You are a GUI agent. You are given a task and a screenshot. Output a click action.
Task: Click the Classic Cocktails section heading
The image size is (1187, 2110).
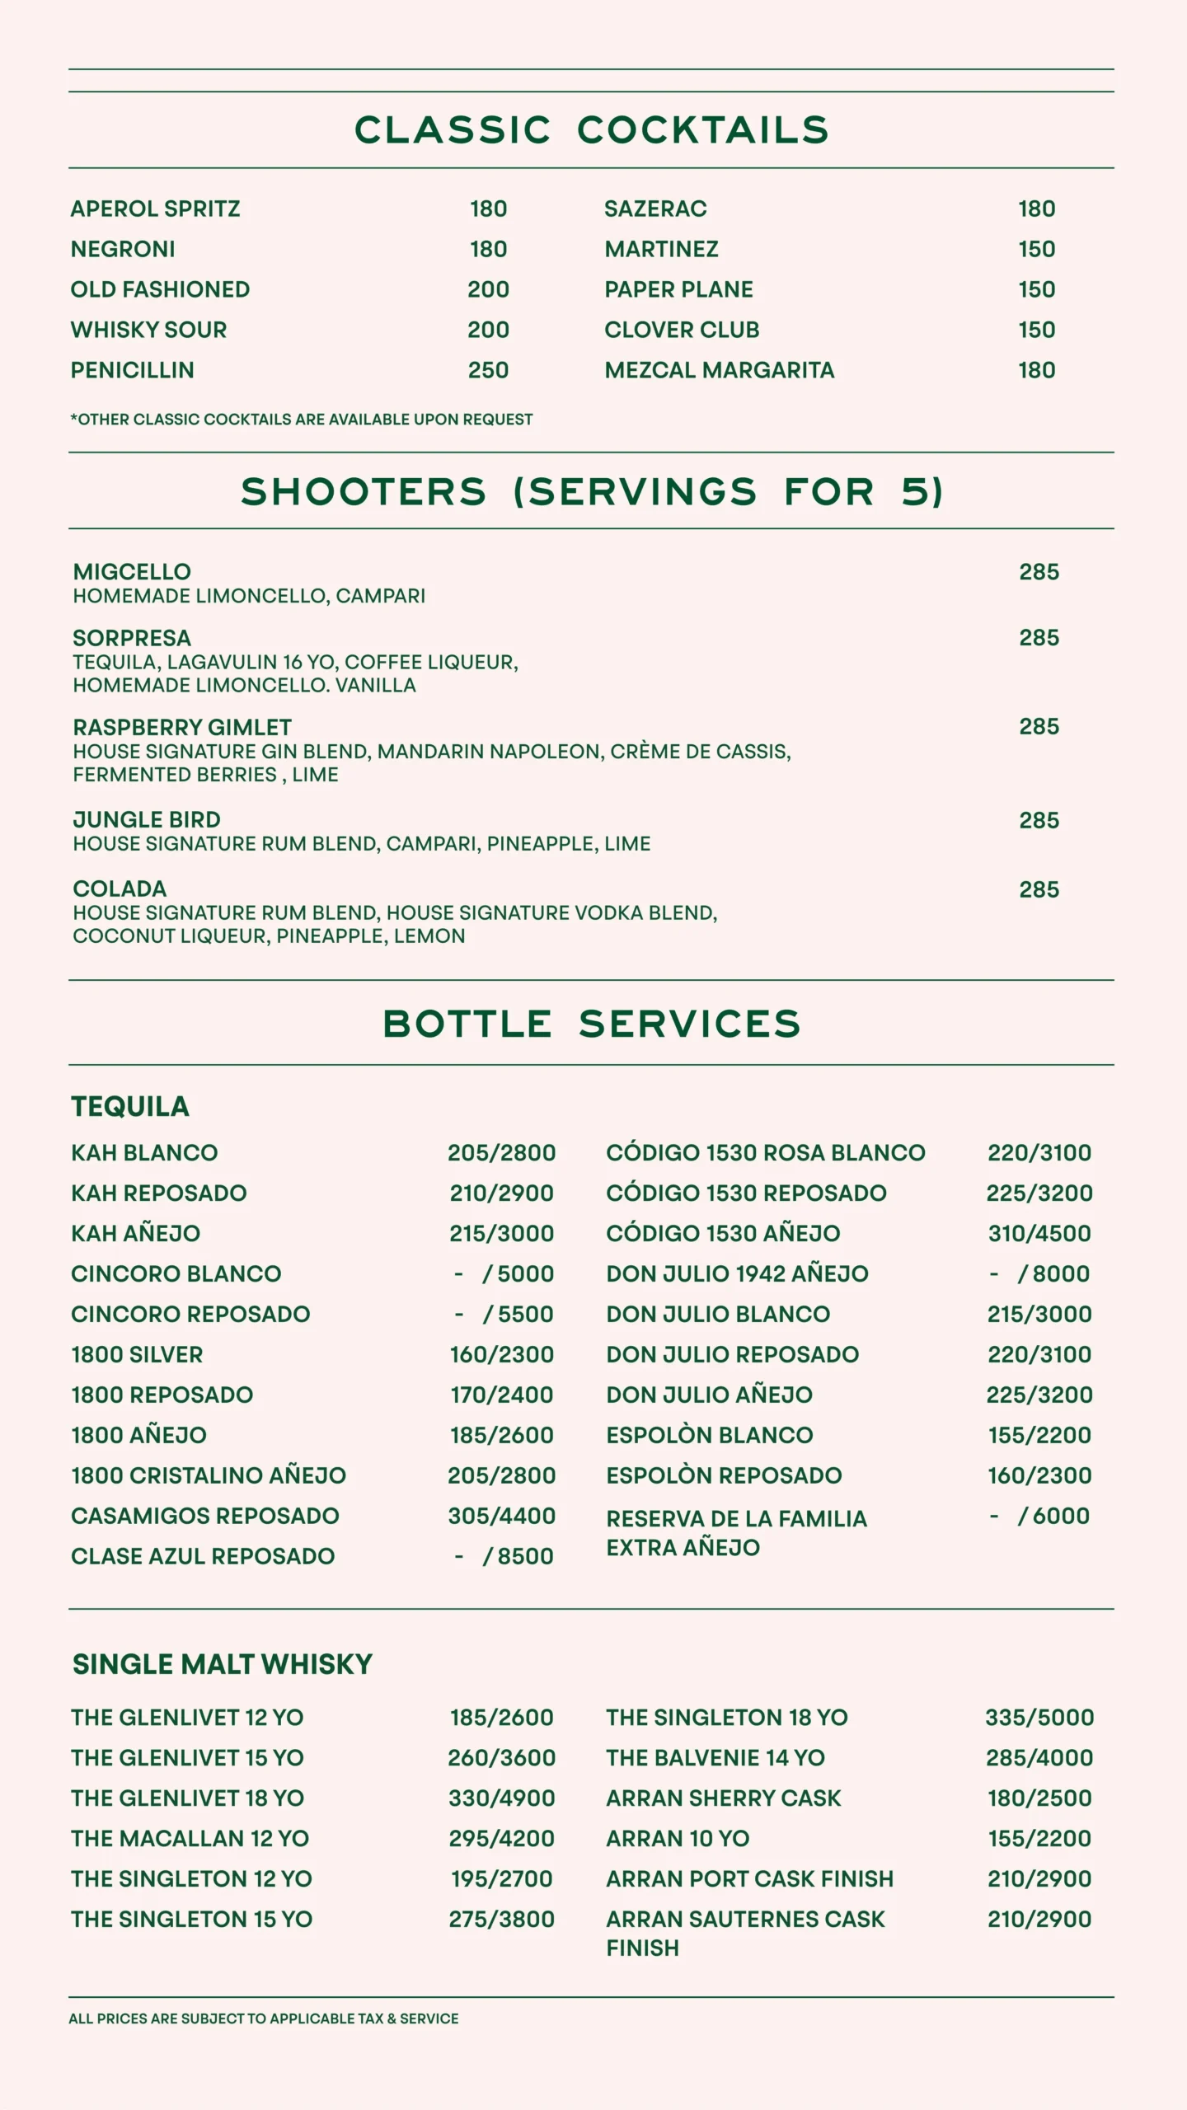click(x=591, y=130)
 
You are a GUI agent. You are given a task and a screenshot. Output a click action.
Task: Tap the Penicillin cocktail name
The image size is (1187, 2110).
click(x=133, y=370)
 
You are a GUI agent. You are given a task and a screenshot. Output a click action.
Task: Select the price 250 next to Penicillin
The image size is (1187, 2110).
click(x=488, y=370)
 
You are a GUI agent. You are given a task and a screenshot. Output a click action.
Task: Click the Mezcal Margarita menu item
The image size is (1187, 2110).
click(x=719, y=370)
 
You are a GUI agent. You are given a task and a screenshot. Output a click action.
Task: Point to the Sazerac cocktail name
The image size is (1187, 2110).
click(x=655, y=209)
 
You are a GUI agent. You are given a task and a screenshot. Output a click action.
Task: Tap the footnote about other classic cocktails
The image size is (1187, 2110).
click(x=302, y=420)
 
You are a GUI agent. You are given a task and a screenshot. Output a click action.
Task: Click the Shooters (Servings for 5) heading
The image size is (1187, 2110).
click(x=591, y=492)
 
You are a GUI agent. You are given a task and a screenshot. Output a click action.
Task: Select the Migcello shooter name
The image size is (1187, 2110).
click(x=132, y=572)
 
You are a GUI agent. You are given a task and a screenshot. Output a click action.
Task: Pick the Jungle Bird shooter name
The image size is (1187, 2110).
click(x=147, y=820)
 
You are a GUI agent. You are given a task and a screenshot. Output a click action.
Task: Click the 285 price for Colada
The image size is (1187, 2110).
click(x=1039, y=889)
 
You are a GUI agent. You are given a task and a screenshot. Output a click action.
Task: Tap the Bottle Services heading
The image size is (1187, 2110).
click(x=591, y=1024)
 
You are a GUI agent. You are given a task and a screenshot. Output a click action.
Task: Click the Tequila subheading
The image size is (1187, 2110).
click(x=130, y=1106)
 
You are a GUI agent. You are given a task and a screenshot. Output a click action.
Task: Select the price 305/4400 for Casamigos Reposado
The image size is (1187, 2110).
click(x=501, y=1516)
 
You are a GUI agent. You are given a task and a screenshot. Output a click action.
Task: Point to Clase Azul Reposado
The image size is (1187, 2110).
click(x=203, y=1556)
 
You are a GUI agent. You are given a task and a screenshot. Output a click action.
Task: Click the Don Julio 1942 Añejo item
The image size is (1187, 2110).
click(x=737, y=1273)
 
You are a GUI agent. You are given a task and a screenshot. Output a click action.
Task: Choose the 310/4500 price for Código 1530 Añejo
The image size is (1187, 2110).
click(x=1039, y=1233)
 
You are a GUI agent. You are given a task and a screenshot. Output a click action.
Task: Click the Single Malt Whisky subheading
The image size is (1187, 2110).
click(x=223, y=1664)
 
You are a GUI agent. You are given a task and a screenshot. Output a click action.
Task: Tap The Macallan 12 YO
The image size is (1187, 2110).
click(x=190, y=1838)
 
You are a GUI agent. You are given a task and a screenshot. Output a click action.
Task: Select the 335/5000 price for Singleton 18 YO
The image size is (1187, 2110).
click(x=1039, y=1717)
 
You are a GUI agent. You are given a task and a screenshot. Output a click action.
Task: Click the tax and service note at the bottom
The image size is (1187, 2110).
click(x=264, y=2019)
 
